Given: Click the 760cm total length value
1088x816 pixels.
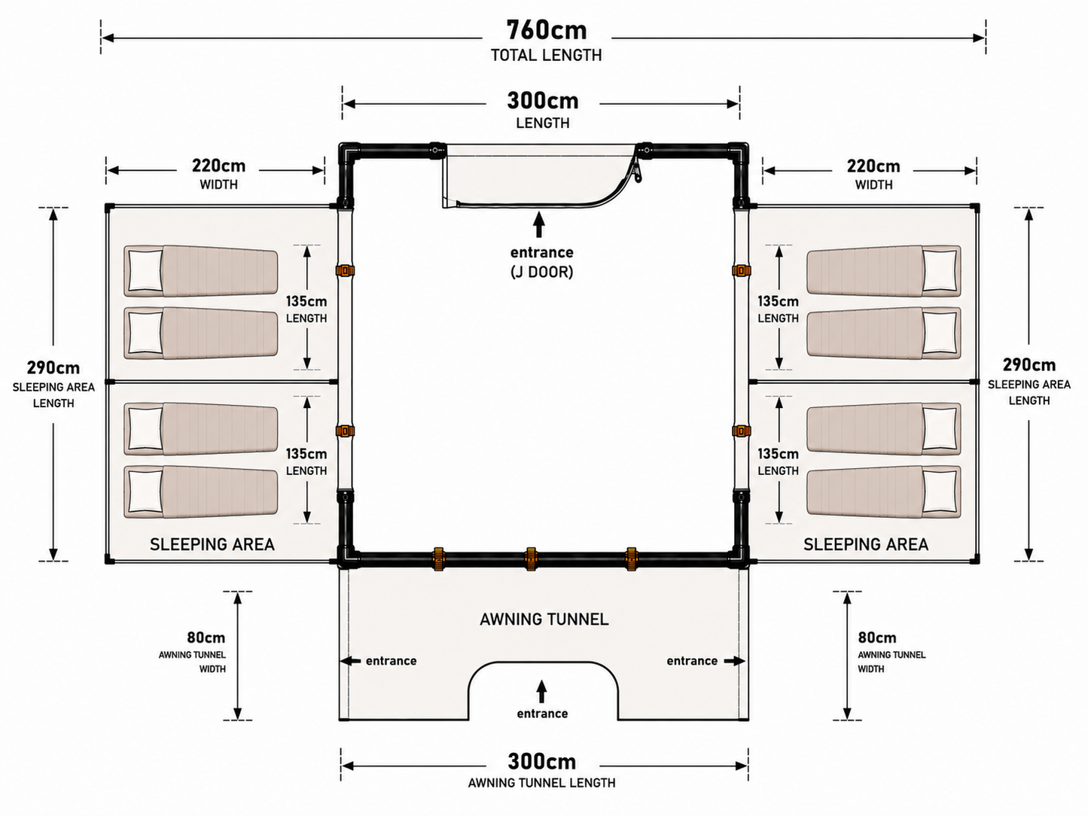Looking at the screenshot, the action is pos(546,30).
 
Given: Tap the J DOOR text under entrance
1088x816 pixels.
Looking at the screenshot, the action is pos(542,272).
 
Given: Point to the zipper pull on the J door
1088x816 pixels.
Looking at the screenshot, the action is pos(637,172).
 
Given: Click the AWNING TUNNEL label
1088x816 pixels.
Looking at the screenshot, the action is pos(544,620).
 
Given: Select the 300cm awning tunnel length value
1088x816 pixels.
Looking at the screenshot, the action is pos(542,762).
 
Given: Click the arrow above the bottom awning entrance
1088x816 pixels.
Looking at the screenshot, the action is pos(542,691).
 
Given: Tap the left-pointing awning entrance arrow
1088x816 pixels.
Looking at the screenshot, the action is pos(350,661).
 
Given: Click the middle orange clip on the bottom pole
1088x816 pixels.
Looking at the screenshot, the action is pos(531,559).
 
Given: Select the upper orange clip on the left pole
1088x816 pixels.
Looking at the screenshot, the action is pos(345,270).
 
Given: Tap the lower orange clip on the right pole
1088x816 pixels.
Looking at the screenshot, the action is pos(742,431).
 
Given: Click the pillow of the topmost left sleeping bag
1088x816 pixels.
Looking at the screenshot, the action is pos(145,270).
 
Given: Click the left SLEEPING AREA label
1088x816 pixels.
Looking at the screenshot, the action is pos(212,544).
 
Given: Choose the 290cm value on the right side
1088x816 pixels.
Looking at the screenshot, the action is pos(1029,365).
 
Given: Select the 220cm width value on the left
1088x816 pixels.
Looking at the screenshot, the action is pos(218,166).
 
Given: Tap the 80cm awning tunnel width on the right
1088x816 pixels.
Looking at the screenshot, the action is pos(877,638).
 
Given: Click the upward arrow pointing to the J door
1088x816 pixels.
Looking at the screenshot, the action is pos(539,224).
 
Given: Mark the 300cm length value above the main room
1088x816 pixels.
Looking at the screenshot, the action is pos(543,101).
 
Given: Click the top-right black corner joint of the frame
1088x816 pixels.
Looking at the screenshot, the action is pos(739,151).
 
